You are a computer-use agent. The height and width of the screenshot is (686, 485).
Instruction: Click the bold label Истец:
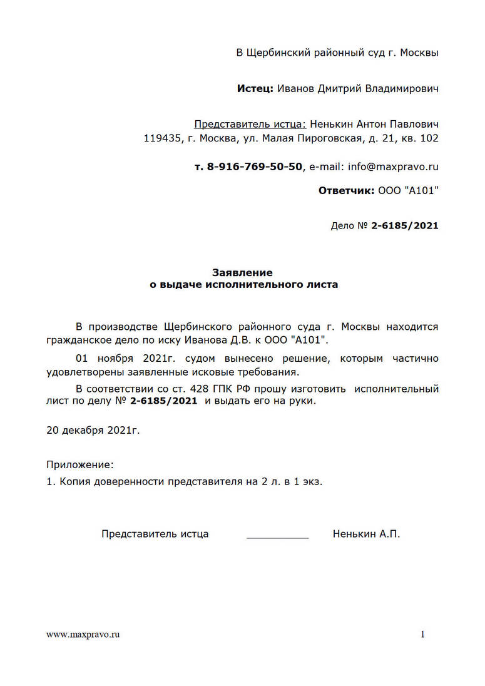coord(255,89)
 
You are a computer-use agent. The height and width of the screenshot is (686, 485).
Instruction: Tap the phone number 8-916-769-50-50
coord(255,166)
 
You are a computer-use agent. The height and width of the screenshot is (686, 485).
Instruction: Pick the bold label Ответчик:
coord(347,190)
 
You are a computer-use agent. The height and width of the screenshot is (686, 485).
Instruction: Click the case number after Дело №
coord(405,225)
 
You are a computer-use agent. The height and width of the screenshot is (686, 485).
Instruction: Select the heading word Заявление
coord(242,273)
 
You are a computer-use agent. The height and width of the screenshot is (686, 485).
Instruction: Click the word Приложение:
coord(81,464)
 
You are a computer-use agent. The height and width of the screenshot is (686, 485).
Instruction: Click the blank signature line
coord(278,536)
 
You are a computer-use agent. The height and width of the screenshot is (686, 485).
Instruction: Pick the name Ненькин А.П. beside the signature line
coord(366,534)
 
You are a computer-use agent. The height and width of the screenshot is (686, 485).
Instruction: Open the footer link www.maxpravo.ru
coord(83,635)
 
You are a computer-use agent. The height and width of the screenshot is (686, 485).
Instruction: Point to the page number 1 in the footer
coord(422,635)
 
